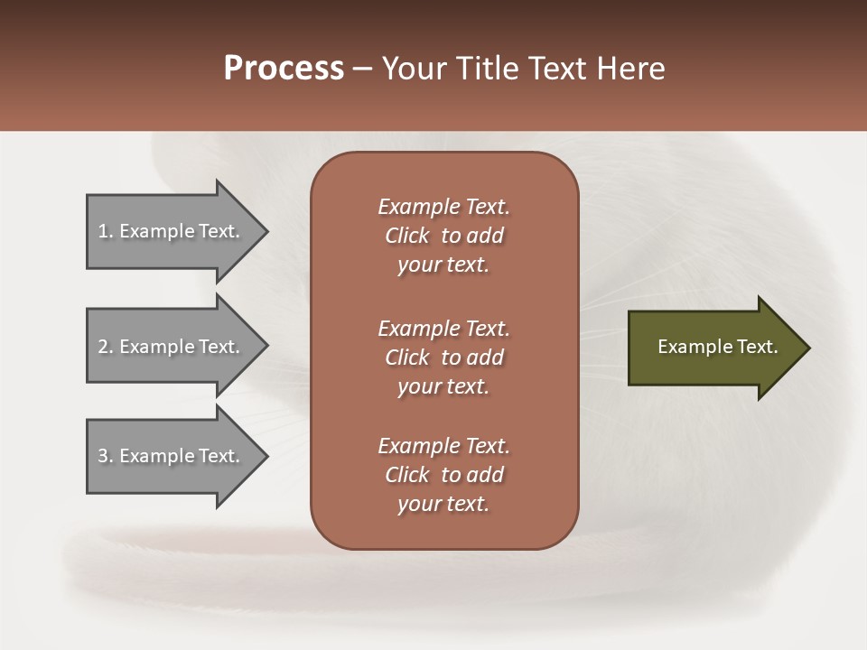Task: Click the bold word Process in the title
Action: point(284,69)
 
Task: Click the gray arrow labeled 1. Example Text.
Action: point(172,231)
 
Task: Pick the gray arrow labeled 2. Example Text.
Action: point(172,347)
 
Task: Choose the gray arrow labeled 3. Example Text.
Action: point(172,456)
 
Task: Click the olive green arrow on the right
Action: point(713,348)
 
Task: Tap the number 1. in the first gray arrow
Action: point(106,231)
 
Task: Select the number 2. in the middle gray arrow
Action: point(106,347)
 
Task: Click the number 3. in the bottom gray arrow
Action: point(106,456)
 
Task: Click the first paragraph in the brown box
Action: point(443,236)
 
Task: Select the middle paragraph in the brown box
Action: point(443,357)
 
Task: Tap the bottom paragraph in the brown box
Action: point(443,475)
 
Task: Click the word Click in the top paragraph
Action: point(407,236)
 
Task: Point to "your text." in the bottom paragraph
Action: point(443,504)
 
